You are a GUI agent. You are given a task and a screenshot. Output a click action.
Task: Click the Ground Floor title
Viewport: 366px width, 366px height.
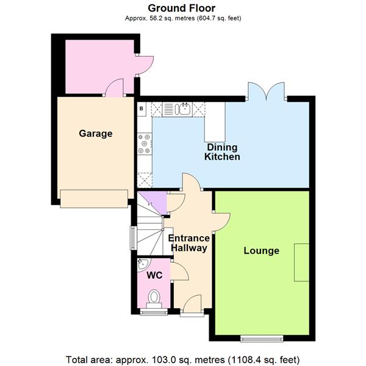coord(182,8)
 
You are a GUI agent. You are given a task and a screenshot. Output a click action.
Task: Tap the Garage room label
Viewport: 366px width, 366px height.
coord(95,134)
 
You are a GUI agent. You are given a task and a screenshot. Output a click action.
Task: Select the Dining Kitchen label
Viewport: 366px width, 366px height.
coord(222,152)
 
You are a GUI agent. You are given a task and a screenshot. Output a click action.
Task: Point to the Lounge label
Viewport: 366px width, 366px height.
coord(261,251)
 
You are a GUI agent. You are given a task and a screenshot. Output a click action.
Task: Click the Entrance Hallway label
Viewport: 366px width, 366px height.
coord(188,243)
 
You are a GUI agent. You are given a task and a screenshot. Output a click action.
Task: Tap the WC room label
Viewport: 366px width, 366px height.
coord(155,276)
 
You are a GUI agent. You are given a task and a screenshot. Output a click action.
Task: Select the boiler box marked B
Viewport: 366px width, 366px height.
coord(142,109)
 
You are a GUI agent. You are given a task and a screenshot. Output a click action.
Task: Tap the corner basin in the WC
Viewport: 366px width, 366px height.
coord(143,264)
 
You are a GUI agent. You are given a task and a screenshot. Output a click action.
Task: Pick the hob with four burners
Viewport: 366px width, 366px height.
coord(145,145)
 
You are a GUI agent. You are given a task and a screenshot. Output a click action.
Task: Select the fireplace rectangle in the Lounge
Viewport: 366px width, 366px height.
coord(301,262)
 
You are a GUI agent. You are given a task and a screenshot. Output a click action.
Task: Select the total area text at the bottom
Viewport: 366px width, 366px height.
coord(182,358)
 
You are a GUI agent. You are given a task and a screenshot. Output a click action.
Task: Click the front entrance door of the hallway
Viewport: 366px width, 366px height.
coord(191,303)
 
